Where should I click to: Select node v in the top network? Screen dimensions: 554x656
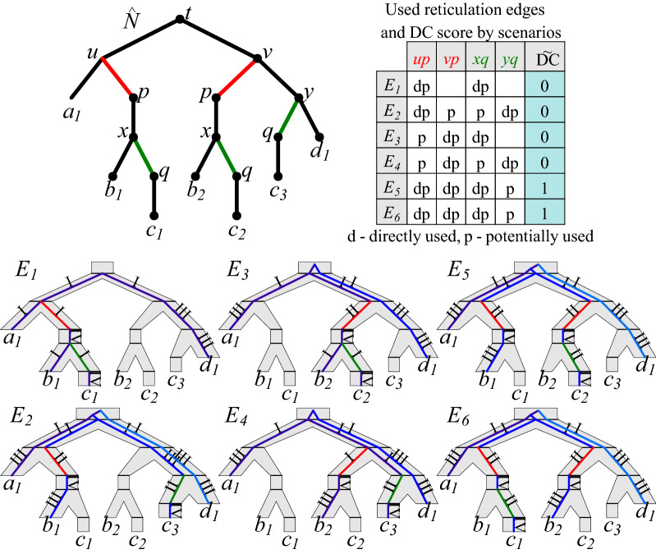pos(258,58)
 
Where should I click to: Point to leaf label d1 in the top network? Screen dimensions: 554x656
pos(322,153)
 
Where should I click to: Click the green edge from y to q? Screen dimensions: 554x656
pos(289,116)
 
